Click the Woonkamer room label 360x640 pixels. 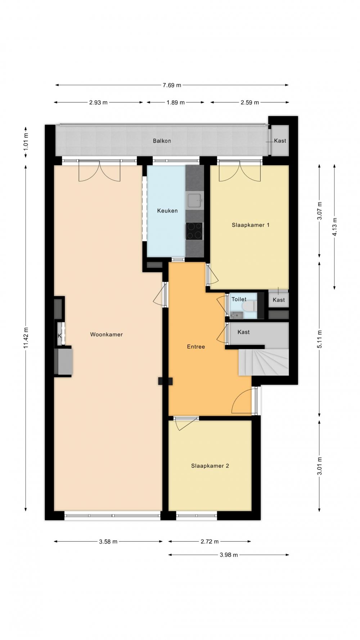tap(106, 335)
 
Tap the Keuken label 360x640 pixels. tap(167, 211)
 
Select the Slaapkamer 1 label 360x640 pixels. tap(251, 225)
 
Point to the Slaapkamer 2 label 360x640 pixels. tap(210, 466)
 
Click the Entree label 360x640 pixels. tap(196, 347)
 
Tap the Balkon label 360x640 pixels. tap(162, 141)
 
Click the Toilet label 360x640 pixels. tap(239, 299)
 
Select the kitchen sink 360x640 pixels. tap(195, 200)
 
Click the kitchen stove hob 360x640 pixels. tap(194, 231)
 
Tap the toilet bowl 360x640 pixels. tap(249, 306)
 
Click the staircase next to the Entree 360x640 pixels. tap(264, 362)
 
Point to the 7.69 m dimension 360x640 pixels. tap(172, 85)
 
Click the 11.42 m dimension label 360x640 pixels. tap(26, 337)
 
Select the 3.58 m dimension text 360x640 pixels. tap(108, 541)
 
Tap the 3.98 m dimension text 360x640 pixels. tap(229, 555)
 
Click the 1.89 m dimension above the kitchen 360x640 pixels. tap(175, 103)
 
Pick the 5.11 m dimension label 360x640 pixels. tap(320, 339)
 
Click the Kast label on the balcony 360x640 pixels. tap(280, 141)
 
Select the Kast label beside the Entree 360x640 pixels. tap(244, 332)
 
